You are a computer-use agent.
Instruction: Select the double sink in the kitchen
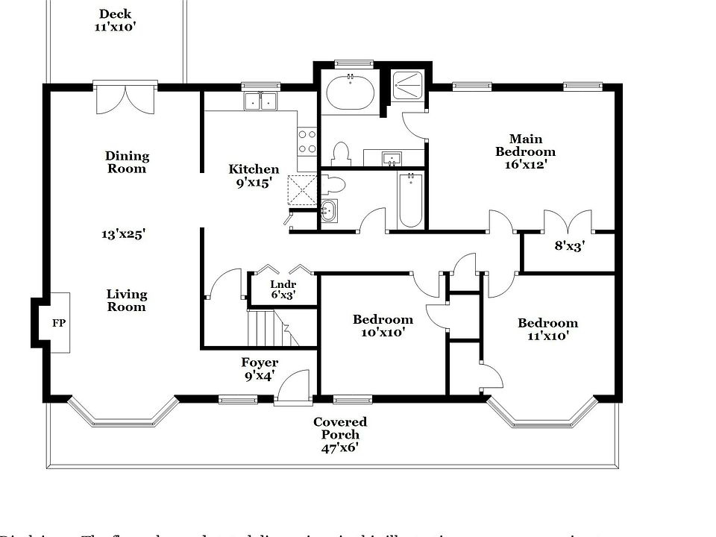[x=260, y=101]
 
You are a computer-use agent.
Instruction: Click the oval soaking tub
[x=351, y=95]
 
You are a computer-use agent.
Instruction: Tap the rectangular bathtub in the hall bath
[x=410, y=199]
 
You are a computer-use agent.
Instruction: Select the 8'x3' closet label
[x=569, y=244]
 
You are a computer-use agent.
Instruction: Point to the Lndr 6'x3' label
[x=283, y=289]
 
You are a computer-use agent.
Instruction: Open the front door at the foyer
[x=292, y=388]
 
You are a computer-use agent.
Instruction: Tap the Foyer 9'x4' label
[x=260, y=369]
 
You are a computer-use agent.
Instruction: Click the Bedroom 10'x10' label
[x=383, y=326]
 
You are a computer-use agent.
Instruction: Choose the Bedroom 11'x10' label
[x=547, y=329]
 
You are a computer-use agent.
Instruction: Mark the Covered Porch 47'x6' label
[x=340, y=435]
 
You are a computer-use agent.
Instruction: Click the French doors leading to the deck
[x=125, y=97]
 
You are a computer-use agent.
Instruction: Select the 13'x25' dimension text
[x=123, y=233]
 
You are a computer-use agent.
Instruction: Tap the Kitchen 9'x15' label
[x=254, y=175]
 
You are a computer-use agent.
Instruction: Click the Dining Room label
[x=127, y=162]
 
